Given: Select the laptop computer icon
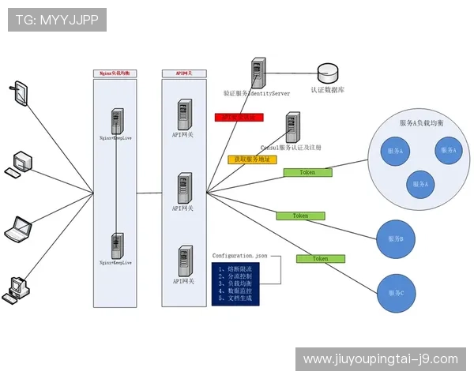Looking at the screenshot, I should (17, 229).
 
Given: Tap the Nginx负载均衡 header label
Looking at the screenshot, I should (115, 73).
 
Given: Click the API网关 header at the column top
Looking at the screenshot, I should (182, 73).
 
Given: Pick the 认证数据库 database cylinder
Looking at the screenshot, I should (327, 74).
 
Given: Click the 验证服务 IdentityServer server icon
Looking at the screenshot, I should (257, 72).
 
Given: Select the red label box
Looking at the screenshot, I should (239, 117).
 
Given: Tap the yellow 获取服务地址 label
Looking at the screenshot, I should (252, 159).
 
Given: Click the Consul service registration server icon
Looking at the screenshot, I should (292, 126).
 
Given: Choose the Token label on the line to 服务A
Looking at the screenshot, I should (307, 171).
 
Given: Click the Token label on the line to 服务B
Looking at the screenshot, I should (300, 215).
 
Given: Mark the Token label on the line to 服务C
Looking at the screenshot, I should (320, 258).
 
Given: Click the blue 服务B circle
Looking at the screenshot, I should (396, 239).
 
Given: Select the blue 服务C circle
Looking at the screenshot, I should (396, 293).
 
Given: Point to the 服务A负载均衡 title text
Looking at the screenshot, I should (421, 124).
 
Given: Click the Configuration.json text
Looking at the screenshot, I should (239, 256).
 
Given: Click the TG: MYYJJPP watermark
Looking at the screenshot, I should (57, 20).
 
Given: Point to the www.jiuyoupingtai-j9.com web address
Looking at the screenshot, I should (380, 358).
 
